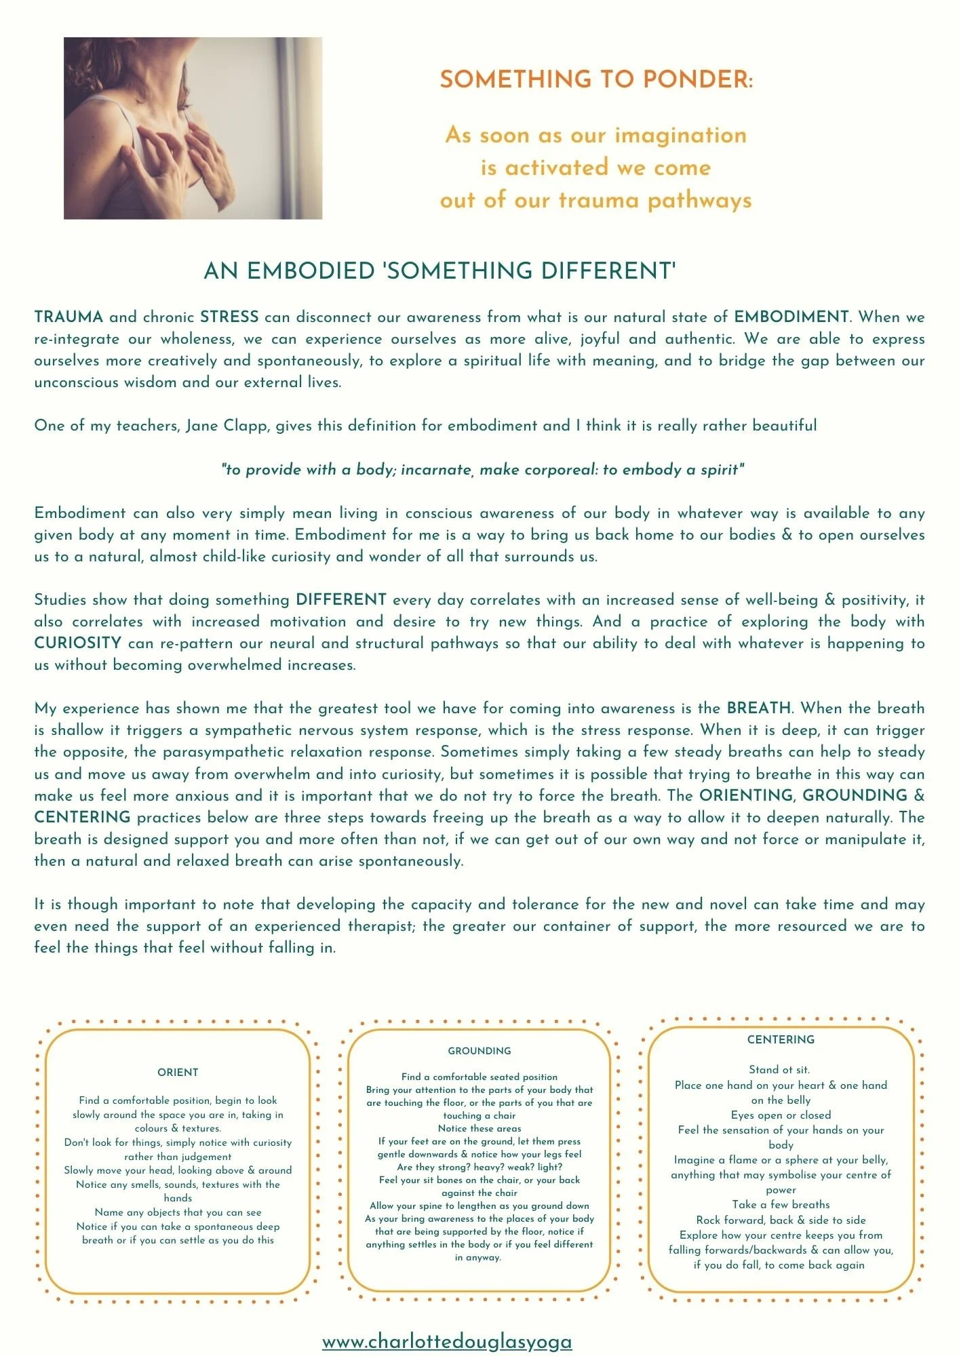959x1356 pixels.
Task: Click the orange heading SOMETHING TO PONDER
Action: [596, 80]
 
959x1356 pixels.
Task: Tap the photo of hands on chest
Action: [193, 128]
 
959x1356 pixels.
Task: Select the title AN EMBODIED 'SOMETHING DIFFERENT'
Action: [440, 271]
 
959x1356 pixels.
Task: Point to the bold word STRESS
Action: [229, 317]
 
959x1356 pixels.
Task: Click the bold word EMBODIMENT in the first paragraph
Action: [791, 317]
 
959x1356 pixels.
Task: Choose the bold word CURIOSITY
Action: [78, 643]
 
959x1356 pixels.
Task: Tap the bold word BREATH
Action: [758, 709]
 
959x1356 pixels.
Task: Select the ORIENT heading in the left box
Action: [178, 1073]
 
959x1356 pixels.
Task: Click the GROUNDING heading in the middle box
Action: [480, 1051]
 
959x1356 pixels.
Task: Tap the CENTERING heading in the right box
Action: [781, 1040]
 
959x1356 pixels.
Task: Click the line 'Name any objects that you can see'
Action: [178, 1212]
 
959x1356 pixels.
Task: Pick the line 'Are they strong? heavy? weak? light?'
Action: [480, 1167]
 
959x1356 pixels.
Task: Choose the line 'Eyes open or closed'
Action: [781, 1115]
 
